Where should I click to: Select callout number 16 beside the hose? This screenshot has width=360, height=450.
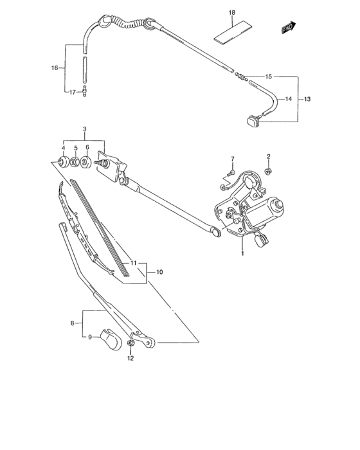point(54,67)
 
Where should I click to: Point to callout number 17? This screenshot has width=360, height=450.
point(72,93)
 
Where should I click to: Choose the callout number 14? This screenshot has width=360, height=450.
point(288,99)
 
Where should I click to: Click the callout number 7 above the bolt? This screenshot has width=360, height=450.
point(233,158)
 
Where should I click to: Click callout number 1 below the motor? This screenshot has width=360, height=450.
point(242,253)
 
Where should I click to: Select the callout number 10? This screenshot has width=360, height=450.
point(159,273)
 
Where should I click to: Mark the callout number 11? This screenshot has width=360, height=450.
point(134,264)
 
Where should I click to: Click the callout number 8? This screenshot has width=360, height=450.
point(72,323)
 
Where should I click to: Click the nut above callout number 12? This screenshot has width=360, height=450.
point(130,346)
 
